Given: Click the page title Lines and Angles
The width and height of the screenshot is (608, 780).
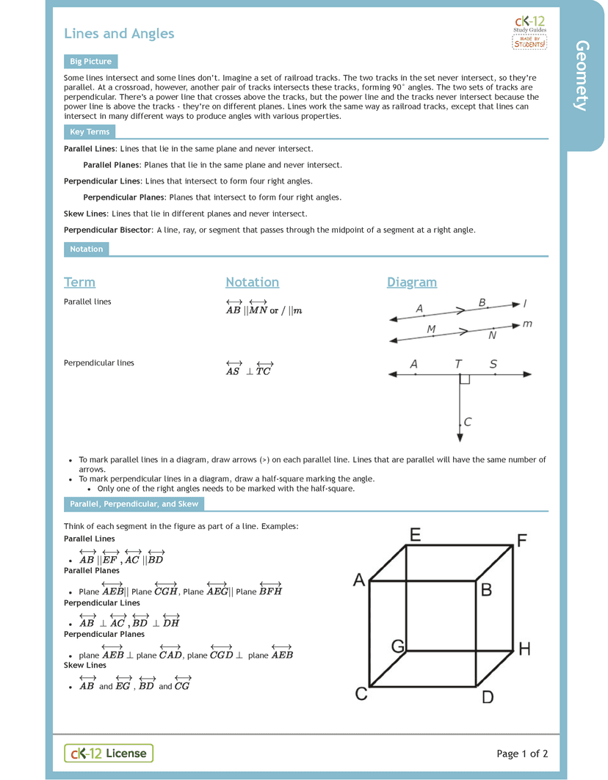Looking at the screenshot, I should pyautogui.click(x=119, y=34).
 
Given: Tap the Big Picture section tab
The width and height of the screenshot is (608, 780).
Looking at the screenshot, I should pyautogui.click(x=90, y=62).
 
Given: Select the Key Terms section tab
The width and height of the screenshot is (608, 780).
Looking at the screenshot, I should pyautogui.click(x=90, y=132).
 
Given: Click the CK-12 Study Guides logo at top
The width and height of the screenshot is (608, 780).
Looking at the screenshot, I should pyautogui.click(x=529, y=33).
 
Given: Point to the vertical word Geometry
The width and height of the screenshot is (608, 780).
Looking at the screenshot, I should pyautogui.click(x=582, y=76).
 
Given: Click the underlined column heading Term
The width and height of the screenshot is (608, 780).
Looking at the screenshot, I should pyautogui.click(x=79, y=283).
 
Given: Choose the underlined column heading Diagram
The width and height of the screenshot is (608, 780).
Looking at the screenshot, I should pyautogui.click(x=411, y=283).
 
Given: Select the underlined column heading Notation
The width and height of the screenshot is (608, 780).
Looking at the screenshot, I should pyautogui.click(x=252, y=283).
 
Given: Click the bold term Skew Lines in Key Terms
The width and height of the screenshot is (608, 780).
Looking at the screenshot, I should pyautogui.click(x=85, y=214).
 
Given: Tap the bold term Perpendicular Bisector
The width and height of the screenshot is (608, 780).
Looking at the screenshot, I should pyautogui.click(x=107, y=230).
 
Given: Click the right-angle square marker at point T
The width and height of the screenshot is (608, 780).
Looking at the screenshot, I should pyautogui.click(x=464, y=379).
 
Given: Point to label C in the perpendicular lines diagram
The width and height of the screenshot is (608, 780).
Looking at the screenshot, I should pyautogui.click(x=467, y=422).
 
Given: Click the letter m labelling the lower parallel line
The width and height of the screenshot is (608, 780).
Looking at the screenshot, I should pyautogui.click(x=527, y=324).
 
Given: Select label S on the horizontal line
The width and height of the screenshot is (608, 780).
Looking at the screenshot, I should pyautogui.click(x=493, y=364).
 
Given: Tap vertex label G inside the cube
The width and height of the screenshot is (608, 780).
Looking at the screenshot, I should pyautogui.click(x=398, y=646).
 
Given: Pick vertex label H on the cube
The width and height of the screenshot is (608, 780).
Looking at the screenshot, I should pyautogui.click(x=524, y=649).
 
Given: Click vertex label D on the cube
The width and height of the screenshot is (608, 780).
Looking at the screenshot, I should pyautogui.click(x=488, y=697).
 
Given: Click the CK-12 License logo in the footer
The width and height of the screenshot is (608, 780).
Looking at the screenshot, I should pyautogui.click(x=109, y=753).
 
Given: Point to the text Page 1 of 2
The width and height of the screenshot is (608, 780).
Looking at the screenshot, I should pyautogui.click(x=522, y=754).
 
